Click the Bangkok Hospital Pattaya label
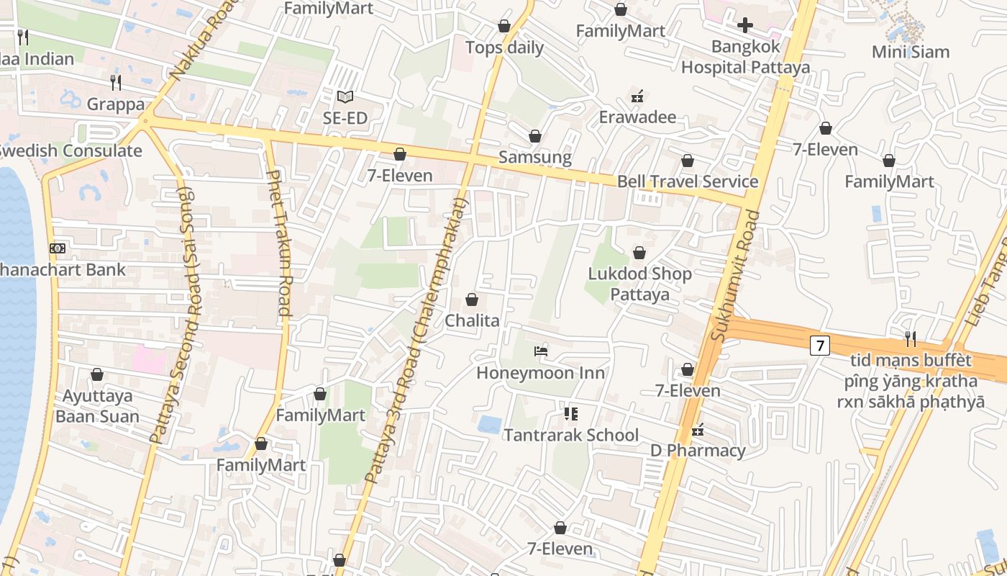click(x=745, y=57)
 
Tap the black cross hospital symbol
click(x=745, y=26)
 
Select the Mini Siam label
click(x=910, y=52)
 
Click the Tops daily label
click(x=504, y=48)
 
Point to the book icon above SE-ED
click(x=345, y=96)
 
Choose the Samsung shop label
click(x=535, y=157)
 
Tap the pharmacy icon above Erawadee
click(x=637, y=96)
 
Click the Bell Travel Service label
click(x=688, y=181)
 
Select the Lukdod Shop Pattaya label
click(x=639, y=284)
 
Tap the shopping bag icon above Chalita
click(x=472, y=300)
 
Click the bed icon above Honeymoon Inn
click(x=541, y=351)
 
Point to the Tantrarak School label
click(x=570, y=435)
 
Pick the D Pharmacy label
click(x=698, y=451)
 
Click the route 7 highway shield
click(x=819, y=346)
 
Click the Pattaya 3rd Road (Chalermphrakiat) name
click(x=415, y=341)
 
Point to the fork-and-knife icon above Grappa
click(x=115, y=82)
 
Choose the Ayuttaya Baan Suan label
click(x=97, y=406)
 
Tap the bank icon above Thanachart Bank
click(x=58, y=248)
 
